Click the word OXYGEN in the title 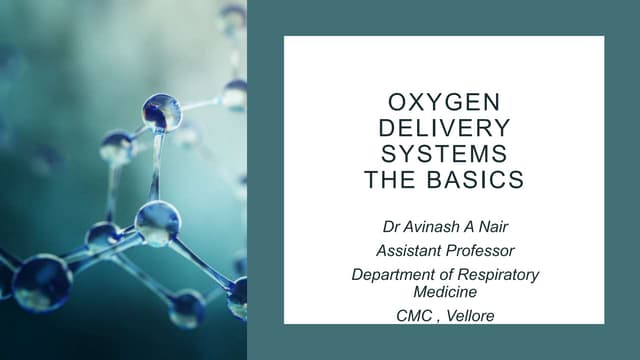pos(445,105)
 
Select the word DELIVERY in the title pos(445,130)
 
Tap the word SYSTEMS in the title pos(445,155)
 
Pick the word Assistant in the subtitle pos(408,250)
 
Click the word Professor pos(480,250)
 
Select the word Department pos(396,274)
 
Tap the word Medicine pos(444,291)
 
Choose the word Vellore pos(470,317)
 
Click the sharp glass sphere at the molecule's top pos(161,112)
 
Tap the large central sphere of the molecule pos(157,222)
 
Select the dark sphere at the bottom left pos(41,283)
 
